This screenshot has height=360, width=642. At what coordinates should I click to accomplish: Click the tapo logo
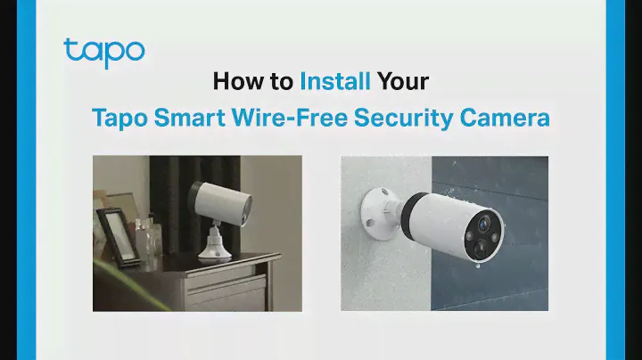click(x=104, y=53)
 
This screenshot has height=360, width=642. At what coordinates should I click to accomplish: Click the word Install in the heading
click(x=335, y=81)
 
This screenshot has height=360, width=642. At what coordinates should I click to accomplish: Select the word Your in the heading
click(x=403, y=81)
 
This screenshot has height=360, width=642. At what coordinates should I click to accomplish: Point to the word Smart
click(x=190, y=118)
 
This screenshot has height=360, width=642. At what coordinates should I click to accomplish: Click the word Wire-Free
click(x=290, y=118)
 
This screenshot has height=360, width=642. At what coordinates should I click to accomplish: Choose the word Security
click(x=403, y=119)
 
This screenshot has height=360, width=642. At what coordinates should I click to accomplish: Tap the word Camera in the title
click(x=505, y=118)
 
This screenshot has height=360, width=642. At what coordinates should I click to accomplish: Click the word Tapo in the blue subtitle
click(x=119, y=119)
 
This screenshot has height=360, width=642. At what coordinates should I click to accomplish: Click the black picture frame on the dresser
click(x=118, y=236)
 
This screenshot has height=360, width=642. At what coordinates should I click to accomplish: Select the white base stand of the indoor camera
click(x=215, y=245)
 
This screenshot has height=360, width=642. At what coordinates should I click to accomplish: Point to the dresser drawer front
click(x=225, y=290)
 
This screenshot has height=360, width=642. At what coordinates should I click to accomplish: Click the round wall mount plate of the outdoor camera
click(x=379, y=213)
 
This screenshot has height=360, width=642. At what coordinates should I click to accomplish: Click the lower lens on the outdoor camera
click(x=481, y=246)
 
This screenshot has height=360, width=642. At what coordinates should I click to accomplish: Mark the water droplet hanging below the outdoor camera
click(x=478, y=266)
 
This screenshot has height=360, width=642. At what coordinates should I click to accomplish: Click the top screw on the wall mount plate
click(x=384, y=192)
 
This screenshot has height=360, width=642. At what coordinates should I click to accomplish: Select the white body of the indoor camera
click(x=223, y=202)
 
